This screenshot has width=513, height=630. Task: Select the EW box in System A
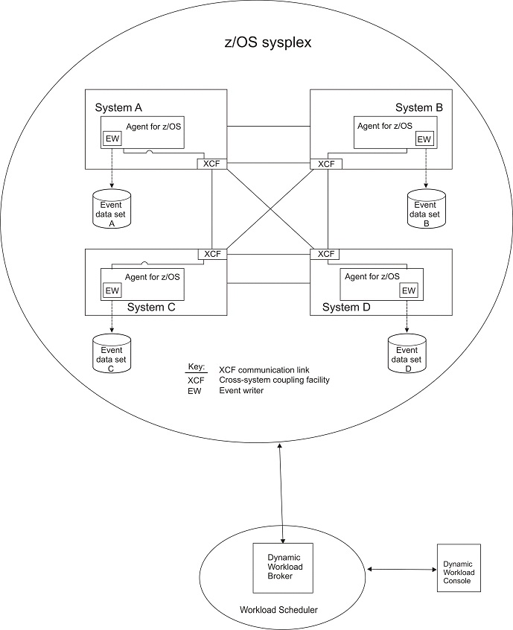[112, 139]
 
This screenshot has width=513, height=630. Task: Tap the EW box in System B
[424, 139]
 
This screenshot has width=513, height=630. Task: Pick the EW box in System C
[112, 290]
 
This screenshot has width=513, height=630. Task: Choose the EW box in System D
[409, 290]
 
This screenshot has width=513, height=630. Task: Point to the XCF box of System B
[326, 164]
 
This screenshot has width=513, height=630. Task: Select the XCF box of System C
[212, 254]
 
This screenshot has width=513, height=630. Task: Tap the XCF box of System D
[326, 254]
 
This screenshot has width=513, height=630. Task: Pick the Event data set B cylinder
[427, 209]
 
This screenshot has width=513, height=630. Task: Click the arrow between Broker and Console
[402, 570]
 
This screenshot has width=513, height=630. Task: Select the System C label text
[151, 307]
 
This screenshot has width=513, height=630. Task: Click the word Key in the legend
[195, 368]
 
